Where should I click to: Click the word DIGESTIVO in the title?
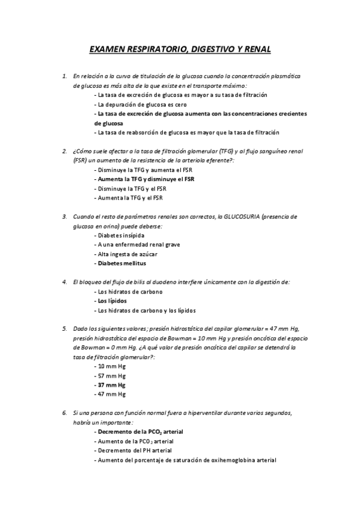point(202,51)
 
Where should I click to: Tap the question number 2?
point(64,151)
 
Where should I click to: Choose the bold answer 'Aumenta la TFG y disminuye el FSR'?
point(146,179)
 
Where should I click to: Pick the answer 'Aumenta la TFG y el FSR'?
point(130,198)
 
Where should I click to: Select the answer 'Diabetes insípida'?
point(120,235)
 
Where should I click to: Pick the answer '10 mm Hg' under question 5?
point(111,366)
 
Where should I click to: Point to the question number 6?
point(64,413)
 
